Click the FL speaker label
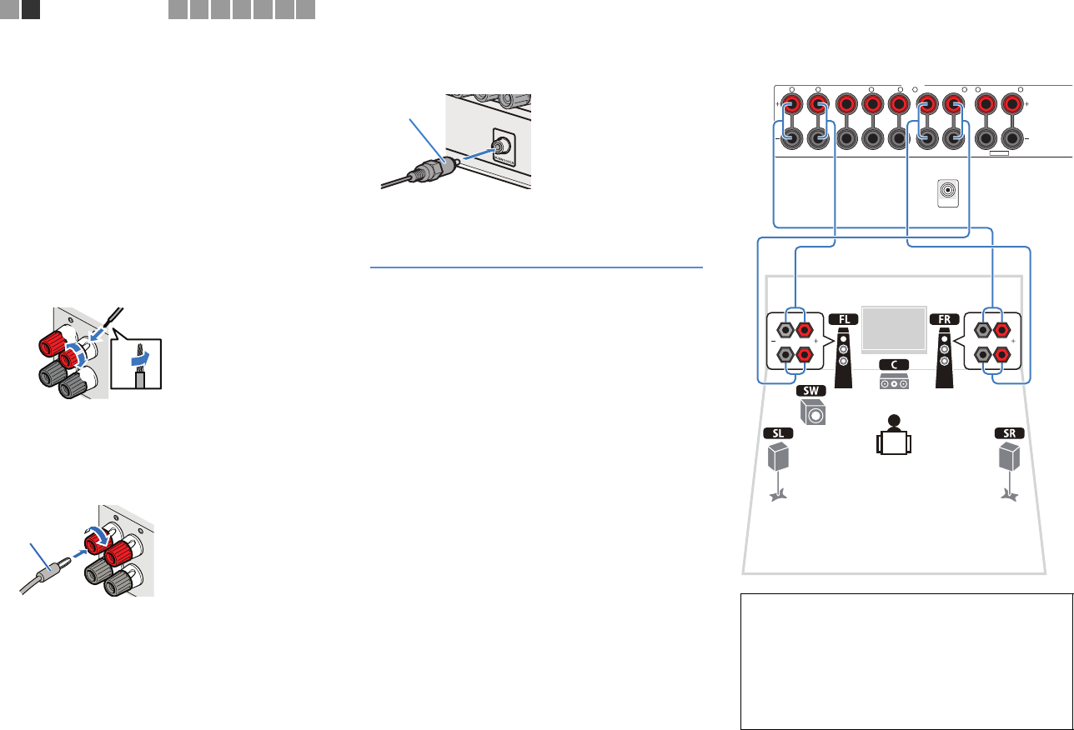pos(842,319)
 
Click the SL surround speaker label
pos(778,433)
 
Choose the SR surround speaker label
pos(1009,433)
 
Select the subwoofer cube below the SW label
pos(813,412)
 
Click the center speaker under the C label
pos(893,382)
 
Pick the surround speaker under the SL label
pos(778,457)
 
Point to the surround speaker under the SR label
pos(1009,457)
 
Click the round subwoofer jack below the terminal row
pos(948,192)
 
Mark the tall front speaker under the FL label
pos(842,358)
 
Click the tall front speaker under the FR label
pos(945,358)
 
